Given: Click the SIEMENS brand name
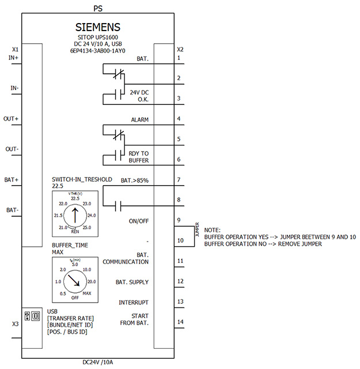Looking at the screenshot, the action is [x=97, y=27].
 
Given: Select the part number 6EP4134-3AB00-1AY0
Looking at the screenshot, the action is [x=97, y=51].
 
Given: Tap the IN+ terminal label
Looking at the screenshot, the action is [x=13, y=58].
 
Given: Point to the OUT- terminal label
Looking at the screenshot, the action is [x=12, y=149].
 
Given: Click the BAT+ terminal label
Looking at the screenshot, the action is [x=12, y=180].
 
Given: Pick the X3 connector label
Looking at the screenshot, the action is [x=16, y=324].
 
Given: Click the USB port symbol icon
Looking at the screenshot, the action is [x=32, y=316].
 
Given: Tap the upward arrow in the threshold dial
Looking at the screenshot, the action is [x=75, y=215].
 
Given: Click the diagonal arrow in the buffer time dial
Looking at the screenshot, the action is [x=74, y=280].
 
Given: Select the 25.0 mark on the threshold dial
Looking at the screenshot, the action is [x=87, y=228].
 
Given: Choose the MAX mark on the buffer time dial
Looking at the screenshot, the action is [x=87, y=293].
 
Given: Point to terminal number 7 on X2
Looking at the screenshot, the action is [x=179, y=180].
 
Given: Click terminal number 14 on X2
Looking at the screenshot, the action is [x=180, y=322].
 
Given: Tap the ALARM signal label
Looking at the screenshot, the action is [x=139, y=120].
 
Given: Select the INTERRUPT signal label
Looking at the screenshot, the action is [x=134, y=302].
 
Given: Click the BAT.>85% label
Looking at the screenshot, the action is [x=135, y=180].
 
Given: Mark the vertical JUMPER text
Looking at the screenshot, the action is [x=198, y=229].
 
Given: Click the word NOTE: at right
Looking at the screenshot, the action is [x=213, y=230].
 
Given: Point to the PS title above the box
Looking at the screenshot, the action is [x=98, y=9].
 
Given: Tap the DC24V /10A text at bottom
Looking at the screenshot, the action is [x=97, y=362].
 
